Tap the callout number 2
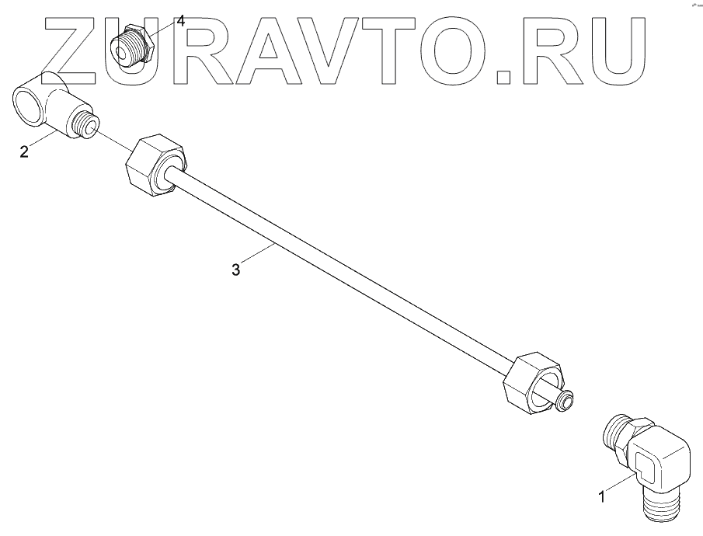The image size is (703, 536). (24, 151)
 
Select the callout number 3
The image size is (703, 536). (236, 270)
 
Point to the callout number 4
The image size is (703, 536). (180, 21)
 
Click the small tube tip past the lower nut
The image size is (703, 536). (565, 399)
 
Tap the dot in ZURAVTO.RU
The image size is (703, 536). (503, 75)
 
